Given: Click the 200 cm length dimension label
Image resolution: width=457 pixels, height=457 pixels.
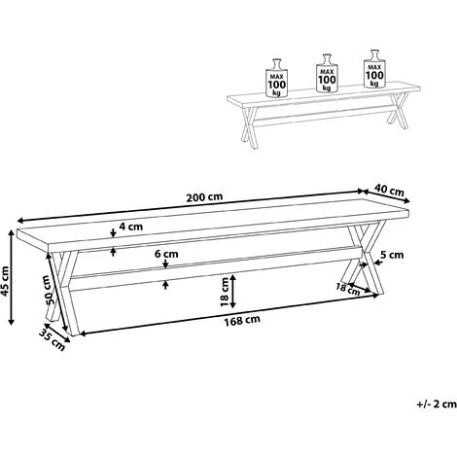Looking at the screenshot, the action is pyautogui.click(x=204, y=197).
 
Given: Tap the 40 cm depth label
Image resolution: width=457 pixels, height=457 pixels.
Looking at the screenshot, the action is pyautogui.click(x=389, y=191).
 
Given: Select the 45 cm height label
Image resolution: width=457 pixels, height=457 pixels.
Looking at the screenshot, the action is pyautogui.click(x=5, y=281).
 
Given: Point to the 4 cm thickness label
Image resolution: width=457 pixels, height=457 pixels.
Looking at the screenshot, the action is pyautogui.click(x=130, y=227).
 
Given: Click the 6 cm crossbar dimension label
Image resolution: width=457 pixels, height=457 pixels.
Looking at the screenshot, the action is pyautogui.click(x=166, y=254).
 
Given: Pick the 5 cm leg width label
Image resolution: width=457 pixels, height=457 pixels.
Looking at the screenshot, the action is pyautogui.click(x=392, y=255).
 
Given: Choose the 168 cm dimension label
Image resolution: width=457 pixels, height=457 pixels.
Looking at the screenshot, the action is pyautogui.click(x=242, y=321).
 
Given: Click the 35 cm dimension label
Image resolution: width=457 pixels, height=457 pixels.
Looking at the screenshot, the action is pyautogui.click(x=53, y=339).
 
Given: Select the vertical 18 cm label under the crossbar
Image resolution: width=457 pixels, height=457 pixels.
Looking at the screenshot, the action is pyautogui.click(x=225, y=292).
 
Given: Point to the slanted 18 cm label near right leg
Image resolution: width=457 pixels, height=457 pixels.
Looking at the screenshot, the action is pyautogui.click(x=348, y=289).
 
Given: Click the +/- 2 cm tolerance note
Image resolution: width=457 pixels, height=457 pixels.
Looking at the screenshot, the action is pyautogui.click(x=437, y=404).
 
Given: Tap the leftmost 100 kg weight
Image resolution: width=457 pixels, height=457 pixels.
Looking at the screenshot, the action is pyautogui.click(x=277, y=78).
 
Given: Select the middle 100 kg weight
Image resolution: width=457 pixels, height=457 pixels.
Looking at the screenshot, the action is pyautogui.click(x=327, y=73).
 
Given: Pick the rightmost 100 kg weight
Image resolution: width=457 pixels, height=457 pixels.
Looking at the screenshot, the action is pyautogui.click(x=374, y=69).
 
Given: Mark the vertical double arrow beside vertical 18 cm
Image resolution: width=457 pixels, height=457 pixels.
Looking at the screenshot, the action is pyautogui.click(x=233, y=292).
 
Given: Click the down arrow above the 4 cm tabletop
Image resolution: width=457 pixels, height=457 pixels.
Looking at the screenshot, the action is pyautogui.click(x=113, y=233).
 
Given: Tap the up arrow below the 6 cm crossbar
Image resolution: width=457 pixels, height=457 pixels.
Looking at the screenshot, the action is pyautogui.click(x=165, y=285).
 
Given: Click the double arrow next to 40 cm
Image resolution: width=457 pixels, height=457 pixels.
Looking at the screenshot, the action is pyautogui.click(x=386, y=196).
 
